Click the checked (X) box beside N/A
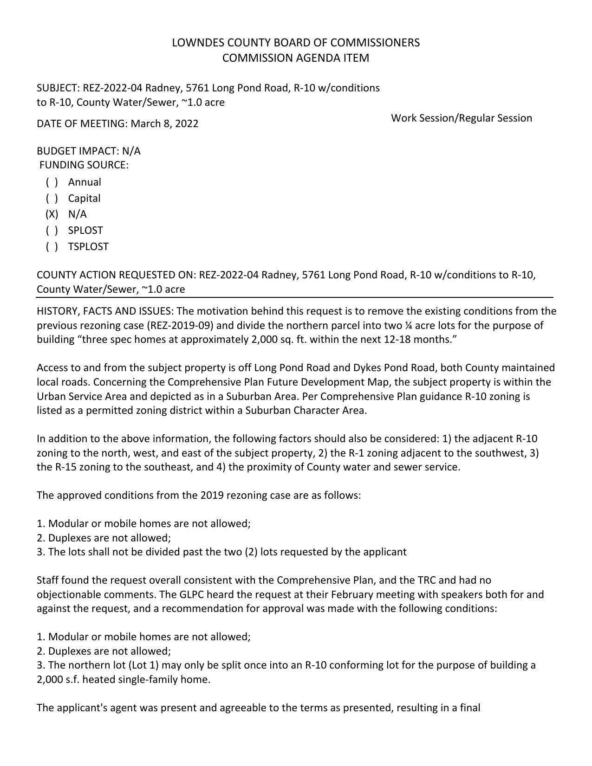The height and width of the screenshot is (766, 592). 52,214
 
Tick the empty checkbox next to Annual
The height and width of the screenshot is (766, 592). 52,182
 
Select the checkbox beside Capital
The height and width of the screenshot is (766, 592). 52,199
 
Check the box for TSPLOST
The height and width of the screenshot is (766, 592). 52,247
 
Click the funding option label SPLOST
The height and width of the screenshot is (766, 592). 85,231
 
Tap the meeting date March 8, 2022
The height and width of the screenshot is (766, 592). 164,124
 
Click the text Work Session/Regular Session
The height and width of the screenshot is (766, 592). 461,118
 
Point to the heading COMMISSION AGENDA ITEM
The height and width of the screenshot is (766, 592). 296,58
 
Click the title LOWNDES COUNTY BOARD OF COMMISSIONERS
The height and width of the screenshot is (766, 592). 296,43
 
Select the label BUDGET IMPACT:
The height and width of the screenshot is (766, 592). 78,151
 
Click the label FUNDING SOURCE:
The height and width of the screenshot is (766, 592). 84,165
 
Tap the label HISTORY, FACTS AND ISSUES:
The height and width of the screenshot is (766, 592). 105,311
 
